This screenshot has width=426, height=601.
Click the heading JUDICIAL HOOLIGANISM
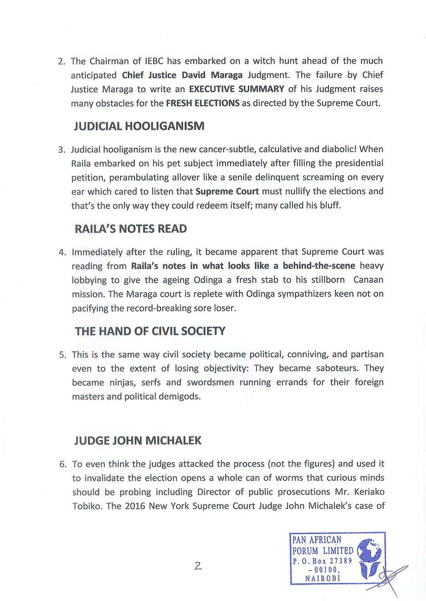click(x=139, y=126)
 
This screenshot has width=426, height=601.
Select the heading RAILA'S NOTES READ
click(x=131, y=229)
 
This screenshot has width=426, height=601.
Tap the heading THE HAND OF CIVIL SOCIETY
click(x=150, y=331)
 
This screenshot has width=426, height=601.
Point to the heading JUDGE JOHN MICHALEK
click(x=138, y=440)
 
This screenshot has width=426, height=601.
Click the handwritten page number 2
click(x=198, y=566)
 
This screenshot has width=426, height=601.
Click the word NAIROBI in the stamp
click(x=323, y=578)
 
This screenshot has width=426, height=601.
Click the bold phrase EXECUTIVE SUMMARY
click(x=236, y=89)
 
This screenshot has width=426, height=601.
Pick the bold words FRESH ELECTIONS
click(x=202, y=103)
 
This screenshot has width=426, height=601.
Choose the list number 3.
click(x=62, y=150)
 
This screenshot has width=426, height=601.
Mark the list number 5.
click(x=62, y=355)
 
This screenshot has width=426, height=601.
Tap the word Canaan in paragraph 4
click(x=368, y=280)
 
